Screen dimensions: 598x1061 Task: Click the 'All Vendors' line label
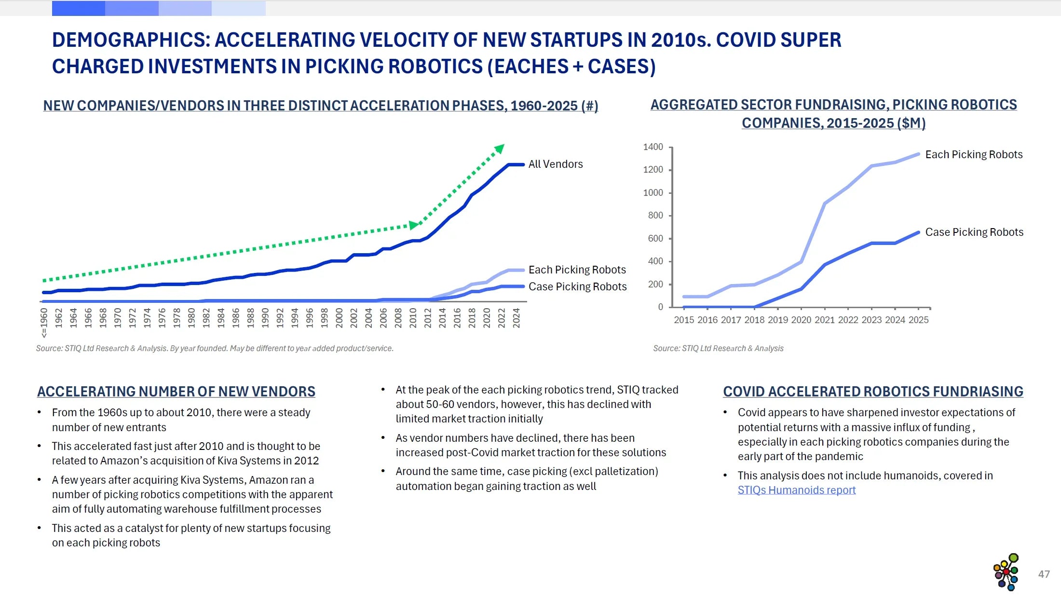555,164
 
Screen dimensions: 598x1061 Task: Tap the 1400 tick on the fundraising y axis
653,147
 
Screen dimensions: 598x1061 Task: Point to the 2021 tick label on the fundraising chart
824,320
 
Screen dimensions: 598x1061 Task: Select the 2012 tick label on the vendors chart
428,318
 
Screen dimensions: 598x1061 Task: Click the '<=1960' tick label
44,323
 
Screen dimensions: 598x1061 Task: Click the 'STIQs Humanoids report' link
796,490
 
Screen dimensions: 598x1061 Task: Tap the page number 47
1044,574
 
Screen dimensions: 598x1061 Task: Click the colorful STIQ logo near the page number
1006,572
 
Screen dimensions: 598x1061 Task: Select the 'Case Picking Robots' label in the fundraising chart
974,232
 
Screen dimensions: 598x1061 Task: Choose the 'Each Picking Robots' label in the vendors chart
577,270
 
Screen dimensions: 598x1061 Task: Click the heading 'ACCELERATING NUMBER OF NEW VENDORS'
176,392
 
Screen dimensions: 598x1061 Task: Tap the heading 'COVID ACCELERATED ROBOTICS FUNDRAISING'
873,392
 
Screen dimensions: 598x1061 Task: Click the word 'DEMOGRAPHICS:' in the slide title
131,40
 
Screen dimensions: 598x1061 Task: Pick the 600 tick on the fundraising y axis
655,239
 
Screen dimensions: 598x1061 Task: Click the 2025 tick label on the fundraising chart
918,320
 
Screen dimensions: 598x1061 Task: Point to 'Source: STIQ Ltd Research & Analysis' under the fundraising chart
718,349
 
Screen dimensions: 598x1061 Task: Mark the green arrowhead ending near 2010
414,225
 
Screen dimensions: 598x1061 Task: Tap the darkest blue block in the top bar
79,8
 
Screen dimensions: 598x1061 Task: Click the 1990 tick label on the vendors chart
265,318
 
